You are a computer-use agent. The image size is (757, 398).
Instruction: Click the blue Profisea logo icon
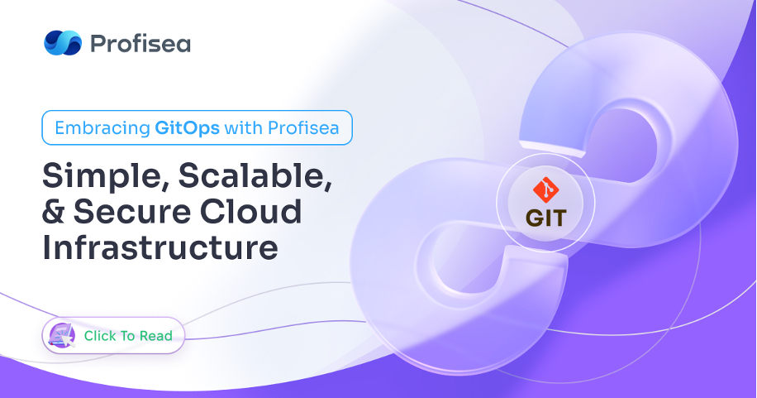[x=63, y=42]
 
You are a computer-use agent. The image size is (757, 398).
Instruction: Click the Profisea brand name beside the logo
[x=140, y=44]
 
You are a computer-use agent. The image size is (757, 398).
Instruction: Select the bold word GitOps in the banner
[x=188, y=128]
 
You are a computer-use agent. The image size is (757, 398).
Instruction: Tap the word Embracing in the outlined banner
[x=102, y=128]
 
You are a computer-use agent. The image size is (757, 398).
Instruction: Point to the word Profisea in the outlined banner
[x=303, y=128]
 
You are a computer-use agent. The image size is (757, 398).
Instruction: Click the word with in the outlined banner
[x=243, y=128]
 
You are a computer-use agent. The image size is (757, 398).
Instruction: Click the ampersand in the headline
[x=54, y=212]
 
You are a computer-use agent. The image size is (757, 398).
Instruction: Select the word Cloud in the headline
[x=251, y=212]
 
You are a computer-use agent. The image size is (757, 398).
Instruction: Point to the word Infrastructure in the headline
[x=160, y=247]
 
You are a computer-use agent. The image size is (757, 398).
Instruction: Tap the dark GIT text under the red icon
[x=545, y=218]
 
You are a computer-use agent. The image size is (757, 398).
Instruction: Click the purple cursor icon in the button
[x=63, y=335]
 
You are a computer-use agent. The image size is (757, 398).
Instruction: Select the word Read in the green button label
[x=156, y=336]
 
